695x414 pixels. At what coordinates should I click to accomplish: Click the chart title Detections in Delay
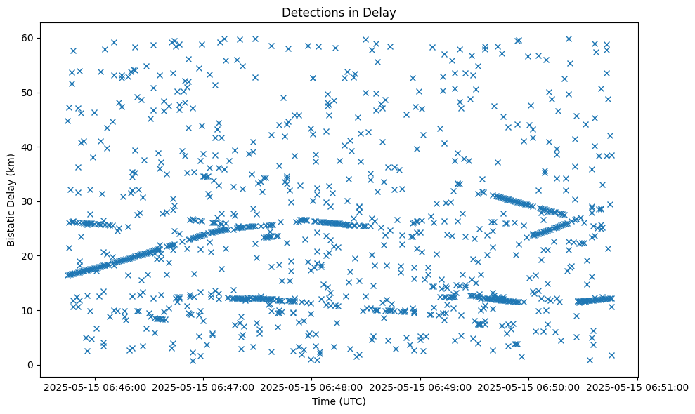pyautogui.click(x=340, y=12)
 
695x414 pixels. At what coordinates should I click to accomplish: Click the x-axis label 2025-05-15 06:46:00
pyautogui.click(x=94, y=387)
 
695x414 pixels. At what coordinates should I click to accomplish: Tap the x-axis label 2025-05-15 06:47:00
pyautogui.click(x=203, y=387)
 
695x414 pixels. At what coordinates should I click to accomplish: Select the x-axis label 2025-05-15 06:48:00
pyautogui.click(x=312, y=387)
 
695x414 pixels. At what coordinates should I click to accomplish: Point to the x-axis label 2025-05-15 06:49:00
pyautogui.click(x=420, y=387)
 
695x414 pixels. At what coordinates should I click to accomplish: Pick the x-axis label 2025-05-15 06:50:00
pyautogui.click(x=529, y=387)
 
